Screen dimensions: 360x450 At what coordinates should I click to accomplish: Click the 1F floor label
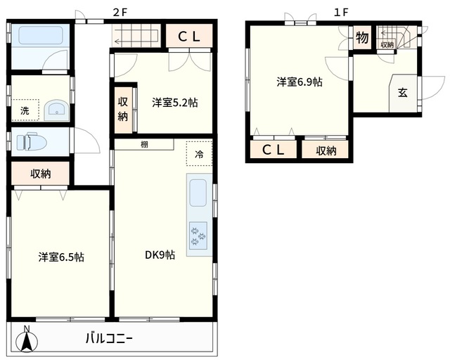pos(342,12)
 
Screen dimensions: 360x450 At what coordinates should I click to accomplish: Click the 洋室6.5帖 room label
pos(61,257)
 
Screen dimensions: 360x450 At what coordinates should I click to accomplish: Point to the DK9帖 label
pos(160,255)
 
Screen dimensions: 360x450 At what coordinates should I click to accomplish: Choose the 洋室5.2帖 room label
pos(174,103)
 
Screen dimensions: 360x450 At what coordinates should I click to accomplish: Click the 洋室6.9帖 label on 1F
pos(299,82)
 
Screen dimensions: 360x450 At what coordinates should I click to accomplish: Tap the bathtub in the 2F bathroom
pos(41,37)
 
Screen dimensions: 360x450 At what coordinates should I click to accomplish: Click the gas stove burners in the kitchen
pos(197,233)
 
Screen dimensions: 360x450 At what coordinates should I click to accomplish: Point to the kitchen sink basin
pos(198,192)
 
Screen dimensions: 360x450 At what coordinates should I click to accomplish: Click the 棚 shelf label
pos(144,145)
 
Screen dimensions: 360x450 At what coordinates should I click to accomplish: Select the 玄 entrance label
pos(402,92)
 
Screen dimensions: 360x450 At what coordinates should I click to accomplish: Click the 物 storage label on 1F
pos(362,38)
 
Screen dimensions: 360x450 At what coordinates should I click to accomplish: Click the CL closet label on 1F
pos(274,150)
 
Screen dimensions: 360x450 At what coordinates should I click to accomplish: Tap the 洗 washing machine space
pos(25,110)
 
